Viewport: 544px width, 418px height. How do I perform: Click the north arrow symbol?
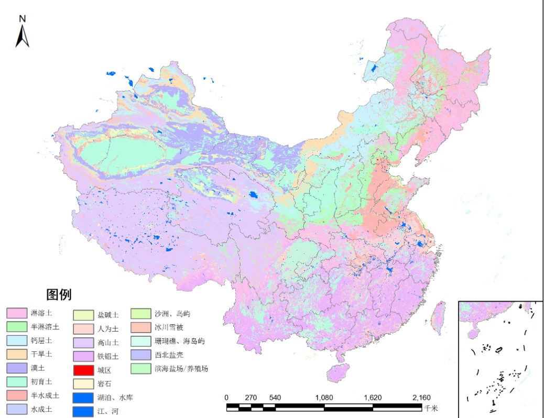click(x=22, y=37)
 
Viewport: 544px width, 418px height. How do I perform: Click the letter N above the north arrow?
click(x=23, y=18)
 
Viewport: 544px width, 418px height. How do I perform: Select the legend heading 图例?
click(x=59, y=294)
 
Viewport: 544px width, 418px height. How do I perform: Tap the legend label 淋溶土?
click(x=42, y=313)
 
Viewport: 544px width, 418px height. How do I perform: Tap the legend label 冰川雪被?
click(x=169, y=327)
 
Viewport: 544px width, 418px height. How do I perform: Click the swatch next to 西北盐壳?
click(x=140, y=355)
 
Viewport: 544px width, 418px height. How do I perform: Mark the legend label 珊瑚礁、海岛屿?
click(x=179, y=341)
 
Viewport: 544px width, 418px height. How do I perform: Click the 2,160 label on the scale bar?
click(x=422, y=398)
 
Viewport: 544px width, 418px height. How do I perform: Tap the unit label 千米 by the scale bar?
click(x=431, y=408)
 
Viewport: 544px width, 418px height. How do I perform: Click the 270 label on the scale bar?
click(x=251, y=398)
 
